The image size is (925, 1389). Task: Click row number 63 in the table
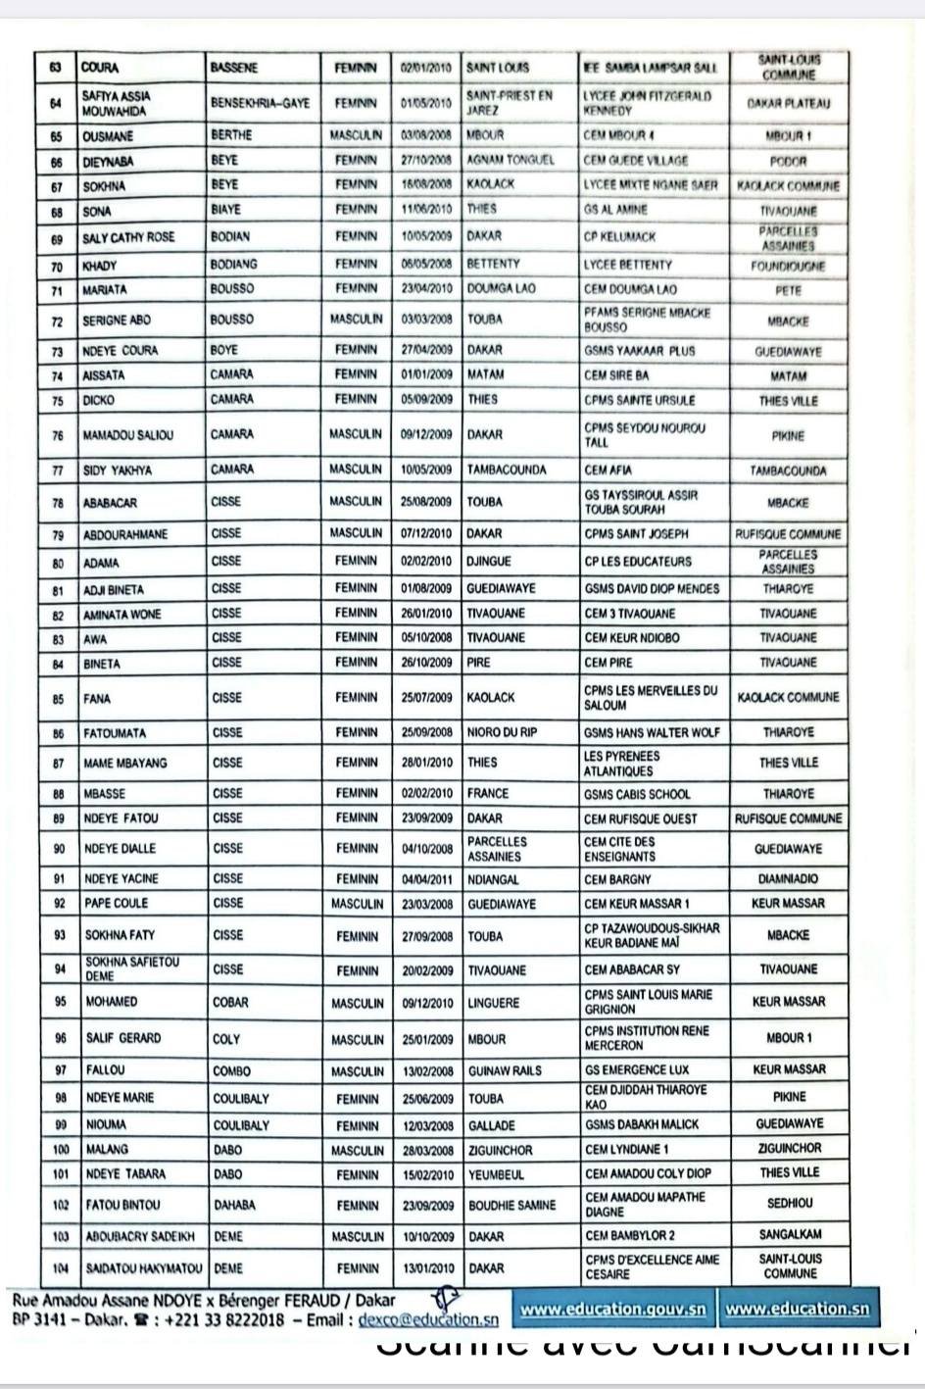(x=56, y=68)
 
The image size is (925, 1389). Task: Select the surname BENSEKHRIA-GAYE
(x=260, y=102)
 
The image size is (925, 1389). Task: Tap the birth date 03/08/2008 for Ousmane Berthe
(x=425, y=134)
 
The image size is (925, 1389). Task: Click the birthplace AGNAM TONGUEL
(x=511, y=160)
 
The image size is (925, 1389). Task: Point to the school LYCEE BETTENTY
(x=628, y=265)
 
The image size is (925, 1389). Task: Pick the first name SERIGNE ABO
(x=118, y=321)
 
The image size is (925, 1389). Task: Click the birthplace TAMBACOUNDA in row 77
(x=507, y=470)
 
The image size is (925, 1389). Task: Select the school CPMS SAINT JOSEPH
(x=637, y=534)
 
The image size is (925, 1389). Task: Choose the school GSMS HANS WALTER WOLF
(x=652, y=732)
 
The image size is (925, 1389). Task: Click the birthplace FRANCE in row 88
(x=488, y=794)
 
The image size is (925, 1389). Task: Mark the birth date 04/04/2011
(x=426, y=879)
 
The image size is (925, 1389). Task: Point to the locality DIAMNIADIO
(x=788, y=879)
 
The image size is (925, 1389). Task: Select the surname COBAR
(x=231, y=1003)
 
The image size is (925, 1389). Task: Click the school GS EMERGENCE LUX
(x=637, y=1070)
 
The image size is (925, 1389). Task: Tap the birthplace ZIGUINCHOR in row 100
(x=501, y=1150)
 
